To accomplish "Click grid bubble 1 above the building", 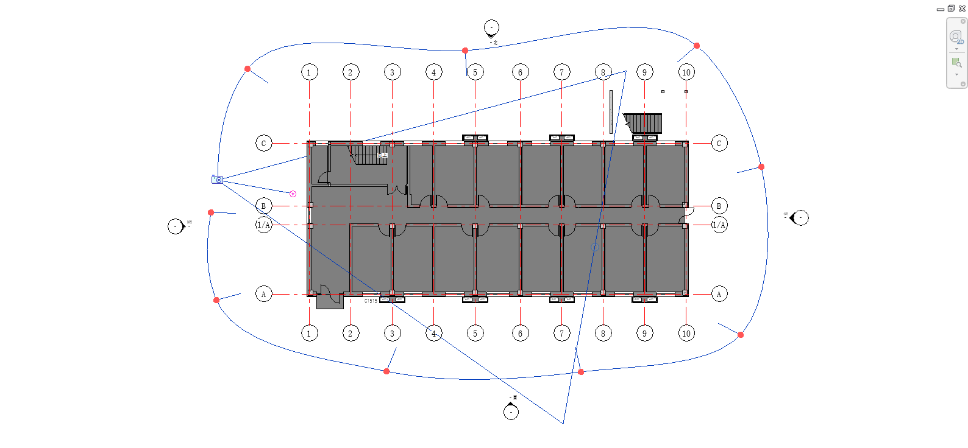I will (309, 72).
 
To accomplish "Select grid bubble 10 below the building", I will (686, 333).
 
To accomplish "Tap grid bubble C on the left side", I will (263, 144).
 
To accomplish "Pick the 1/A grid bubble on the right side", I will (719, 225).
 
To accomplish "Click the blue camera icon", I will (218, 180).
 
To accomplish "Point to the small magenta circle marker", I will (293, 194).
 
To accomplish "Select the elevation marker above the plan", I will (491, 28).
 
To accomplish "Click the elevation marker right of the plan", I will (800, 218).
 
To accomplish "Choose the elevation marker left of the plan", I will (176, 226).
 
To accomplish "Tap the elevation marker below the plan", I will (511, 411).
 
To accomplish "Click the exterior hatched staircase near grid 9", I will (643, 123).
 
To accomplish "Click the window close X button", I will (963, 9).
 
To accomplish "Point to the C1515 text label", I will (371, 301).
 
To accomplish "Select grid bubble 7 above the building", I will (562, 72).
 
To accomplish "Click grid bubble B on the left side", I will (263, 206).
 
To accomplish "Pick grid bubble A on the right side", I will (719, 295).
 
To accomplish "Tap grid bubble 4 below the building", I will (433, 333).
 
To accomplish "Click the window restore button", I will (951, 9).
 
